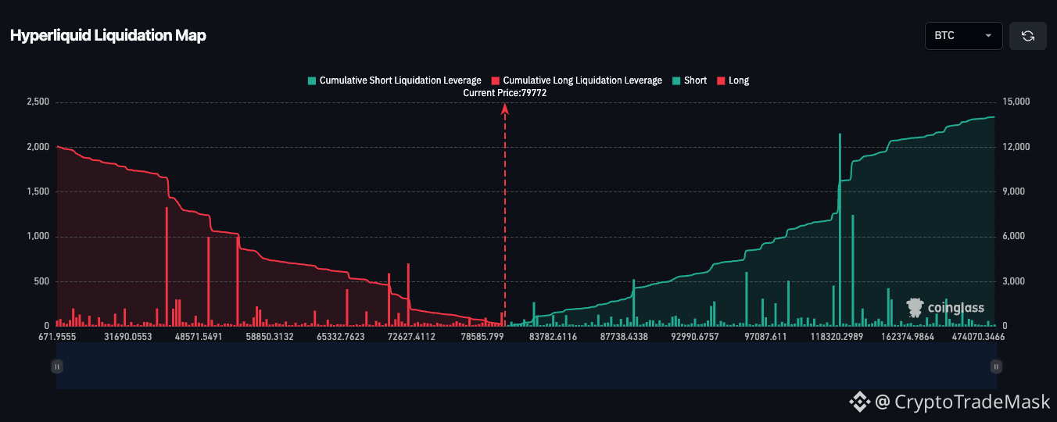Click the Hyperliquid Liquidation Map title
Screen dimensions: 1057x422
[108, 35]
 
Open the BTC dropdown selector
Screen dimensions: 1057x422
[963, 36]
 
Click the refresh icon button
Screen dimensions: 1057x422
[1028, 36]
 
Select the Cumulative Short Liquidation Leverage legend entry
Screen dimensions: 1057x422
[395, 80]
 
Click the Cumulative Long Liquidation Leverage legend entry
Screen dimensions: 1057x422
[577, 80]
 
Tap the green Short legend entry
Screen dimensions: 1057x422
[690, 80]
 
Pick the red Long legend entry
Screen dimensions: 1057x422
[733, 80]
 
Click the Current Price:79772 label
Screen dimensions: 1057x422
[504, 93]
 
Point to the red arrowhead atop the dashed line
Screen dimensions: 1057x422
[505, 109]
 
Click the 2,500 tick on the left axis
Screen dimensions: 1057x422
[38, 102]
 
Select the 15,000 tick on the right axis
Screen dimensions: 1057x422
[1016, 102]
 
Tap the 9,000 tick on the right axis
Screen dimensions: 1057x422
[1013, 191]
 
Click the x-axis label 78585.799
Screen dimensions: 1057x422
[482, 337]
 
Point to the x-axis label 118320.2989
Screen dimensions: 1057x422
[837, 337]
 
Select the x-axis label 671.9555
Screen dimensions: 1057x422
[57, 337]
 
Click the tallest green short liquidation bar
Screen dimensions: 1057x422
[840, 230]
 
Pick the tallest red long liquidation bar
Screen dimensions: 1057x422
[167, 266]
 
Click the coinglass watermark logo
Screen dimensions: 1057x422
[945, 308]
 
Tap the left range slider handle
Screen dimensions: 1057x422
[57, 367]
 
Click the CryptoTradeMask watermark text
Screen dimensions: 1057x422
[949, 402]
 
